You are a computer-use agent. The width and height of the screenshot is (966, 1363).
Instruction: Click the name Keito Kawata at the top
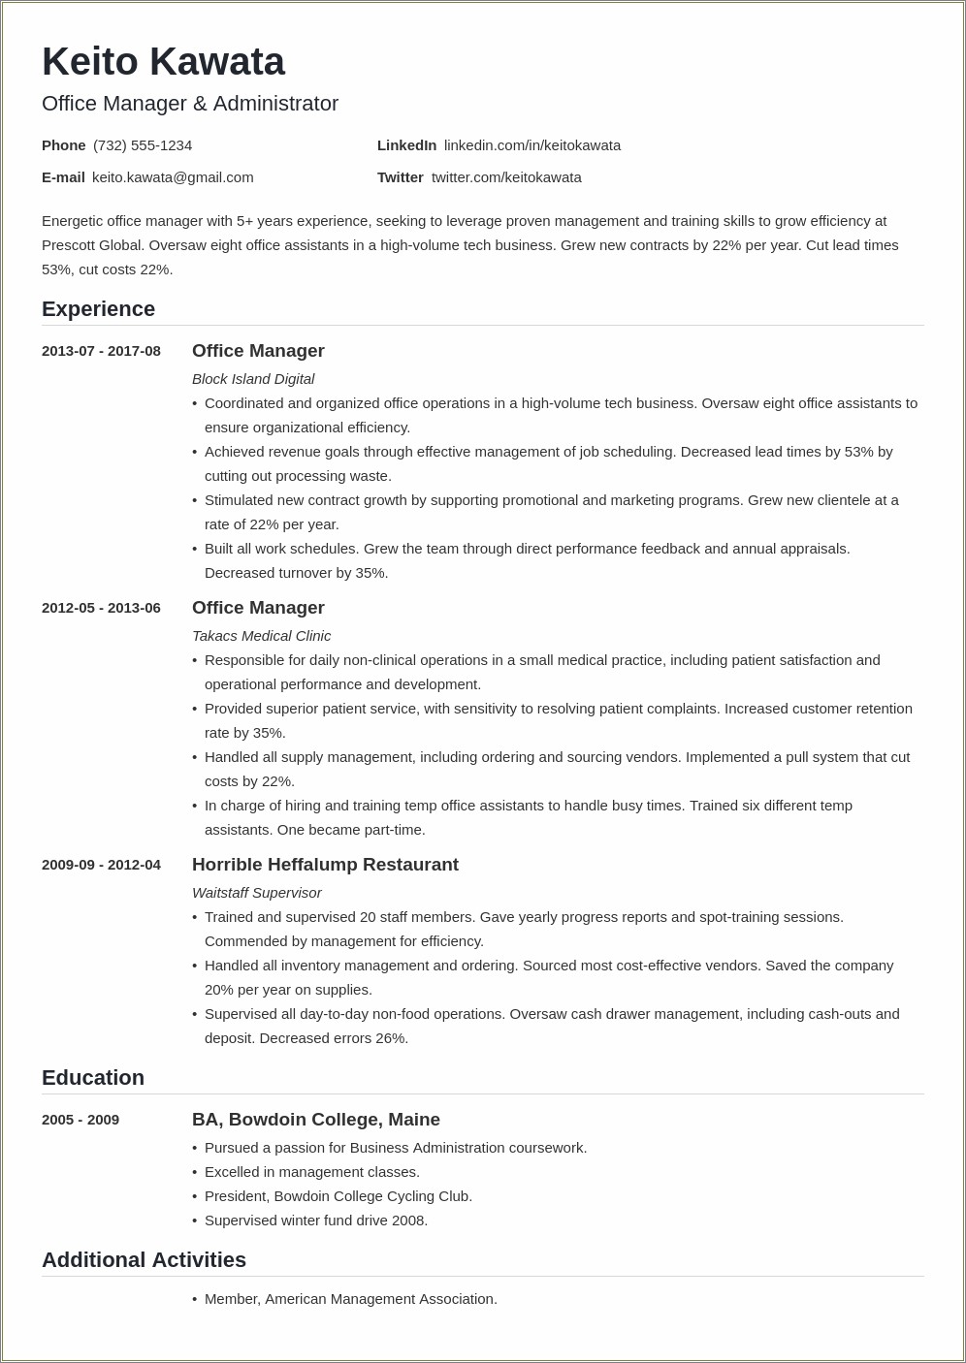click(x=163, y=62)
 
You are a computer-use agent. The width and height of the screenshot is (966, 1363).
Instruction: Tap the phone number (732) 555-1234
click(x=143, y=145)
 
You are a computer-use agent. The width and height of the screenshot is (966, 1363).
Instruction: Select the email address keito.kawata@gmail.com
click(x=173, y=177)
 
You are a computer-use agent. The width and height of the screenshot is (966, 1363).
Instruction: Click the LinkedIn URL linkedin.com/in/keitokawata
click(x=531, y=145)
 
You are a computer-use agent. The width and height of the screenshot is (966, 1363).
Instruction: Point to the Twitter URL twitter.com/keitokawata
click(x=506, y=177)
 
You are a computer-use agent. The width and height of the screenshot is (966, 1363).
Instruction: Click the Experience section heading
click(x=98, y=309)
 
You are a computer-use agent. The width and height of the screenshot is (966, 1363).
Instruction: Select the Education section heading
click(x=93, y=1078)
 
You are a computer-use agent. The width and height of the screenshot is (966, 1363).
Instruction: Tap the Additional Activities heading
click(x=144, y=1260)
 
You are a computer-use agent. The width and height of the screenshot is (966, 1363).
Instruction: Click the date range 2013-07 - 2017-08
click(x=101, y=351)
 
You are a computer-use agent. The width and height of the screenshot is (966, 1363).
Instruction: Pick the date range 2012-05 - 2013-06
click(x=101, y=608)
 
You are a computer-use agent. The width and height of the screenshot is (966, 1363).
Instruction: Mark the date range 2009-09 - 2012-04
click(x=101, y=865)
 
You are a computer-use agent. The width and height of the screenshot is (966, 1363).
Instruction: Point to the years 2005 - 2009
click(x=80, y=1120)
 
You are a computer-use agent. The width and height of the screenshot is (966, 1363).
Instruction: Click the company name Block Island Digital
click(x=253, y=379)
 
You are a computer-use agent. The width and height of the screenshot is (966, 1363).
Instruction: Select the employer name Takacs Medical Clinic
click(x=261, y=636)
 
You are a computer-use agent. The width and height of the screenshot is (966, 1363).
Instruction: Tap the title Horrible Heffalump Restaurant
click(x=325, y=865)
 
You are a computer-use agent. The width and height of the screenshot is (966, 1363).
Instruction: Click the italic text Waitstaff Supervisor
click(x=256, y=893)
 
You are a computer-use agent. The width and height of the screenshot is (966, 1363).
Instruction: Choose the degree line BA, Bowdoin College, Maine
click(x=316, y=1120)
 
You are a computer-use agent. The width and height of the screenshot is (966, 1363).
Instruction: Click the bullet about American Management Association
click(x=350, y=1299)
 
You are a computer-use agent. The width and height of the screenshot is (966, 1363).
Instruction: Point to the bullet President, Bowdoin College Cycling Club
click(x=338, y=1196)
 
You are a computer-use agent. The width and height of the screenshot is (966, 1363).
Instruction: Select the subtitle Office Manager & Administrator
click(x=190, y=104)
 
